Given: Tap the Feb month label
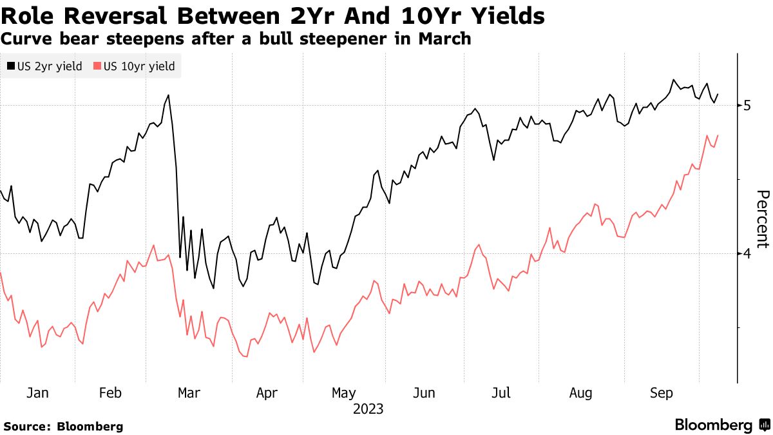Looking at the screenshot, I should [111, 392].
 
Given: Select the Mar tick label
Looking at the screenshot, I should [188, 392].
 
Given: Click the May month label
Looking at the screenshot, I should [344, 392].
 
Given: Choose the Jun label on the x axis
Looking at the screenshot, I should [424, 392].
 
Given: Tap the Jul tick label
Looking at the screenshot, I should [501, 392].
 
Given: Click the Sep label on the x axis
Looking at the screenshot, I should [661, 392].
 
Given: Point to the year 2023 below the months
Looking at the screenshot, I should [368, 409].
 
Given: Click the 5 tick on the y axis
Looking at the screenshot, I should [747, 105].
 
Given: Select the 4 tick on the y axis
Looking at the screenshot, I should [747, 254].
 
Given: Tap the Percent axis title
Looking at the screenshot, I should [762, 219].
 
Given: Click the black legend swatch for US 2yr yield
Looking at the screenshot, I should [11, 66].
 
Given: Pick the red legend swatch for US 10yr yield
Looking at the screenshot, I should [97, 66].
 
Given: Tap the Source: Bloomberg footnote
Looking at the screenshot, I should [63, 426].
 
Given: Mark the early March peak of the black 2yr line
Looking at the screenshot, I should [169, 95].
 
